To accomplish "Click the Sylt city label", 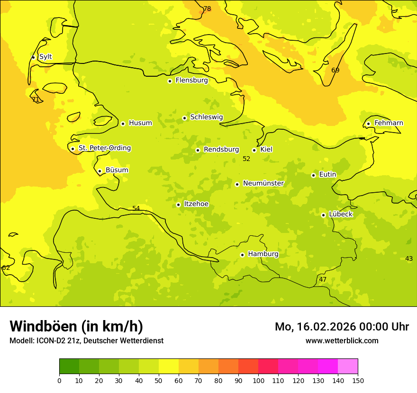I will pyautogui.click(x=45, y=57).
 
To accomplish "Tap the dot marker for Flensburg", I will pyautogui.click(x=170, y=81).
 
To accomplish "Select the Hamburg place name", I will pyautogui.click(x=263, y=254).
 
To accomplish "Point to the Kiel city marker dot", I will pyautogui.click(x=254, y=150).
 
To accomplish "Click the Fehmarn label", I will pyautogui.click(x=389, y=123).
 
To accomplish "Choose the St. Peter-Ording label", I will pyautogui.click(x=104, y=148).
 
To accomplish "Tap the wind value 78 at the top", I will pyautogui.click(x=207, y=9).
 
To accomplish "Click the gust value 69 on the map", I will pyautogui.click(x=335, y=71).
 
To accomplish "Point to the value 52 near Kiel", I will pyautogui.click(x=246, y=159).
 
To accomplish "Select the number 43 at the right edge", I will pyautogui.click(x=409, y=259).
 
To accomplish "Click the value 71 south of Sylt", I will pyautogui.click(x=35, y=99).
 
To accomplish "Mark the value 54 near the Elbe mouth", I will pyautogui.click(x=136, y=209).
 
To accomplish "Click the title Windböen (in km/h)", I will pyautogui.click(x=76, y=326).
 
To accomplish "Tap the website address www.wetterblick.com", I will pyautogui.click(x=342, y=341).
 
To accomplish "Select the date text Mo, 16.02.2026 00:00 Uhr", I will pyautogui.click(x=342, y=327).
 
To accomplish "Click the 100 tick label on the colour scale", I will pyautogui.click(x=258, y=380).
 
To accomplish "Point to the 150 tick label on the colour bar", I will pyautogui.click(x=358, y=380).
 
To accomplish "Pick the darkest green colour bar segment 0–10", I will pyautogui.click(x=69, y=366).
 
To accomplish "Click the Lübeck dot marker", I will pyautogui.click(x=323, y=215).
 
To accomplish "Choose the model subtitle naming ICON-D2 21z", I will pyautogui.click(x=86, y=341).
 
